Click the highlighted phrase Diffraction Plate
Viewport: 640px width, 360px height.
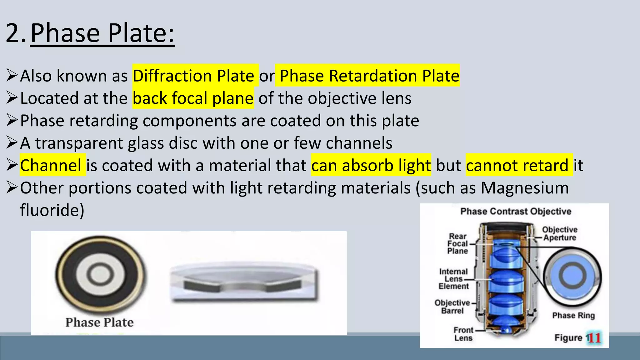point(194,76)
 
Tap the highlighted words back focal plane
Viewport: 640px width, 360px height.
point(193,98)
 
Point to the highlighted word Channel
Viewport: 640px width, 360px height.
point(51,165)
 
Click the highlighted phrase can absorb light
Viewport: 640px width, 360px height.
point(371,165)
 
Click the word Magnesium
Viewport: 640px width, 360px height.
point(525,188)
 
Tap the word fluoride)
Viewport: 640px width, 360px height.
point(52,210)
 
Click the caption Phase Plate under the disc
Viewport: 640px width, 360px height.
point(99,322)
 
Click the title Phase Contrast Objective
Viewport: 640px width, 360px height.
point(516,212)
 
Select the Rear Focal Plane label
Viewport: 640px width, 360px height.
point(457,244)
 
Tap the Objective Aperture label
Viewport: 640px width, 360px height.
point(559,234)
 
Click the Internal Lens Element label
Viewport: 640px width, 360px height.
point(453,279)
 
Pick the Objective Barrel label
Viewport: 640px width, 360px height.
point(452,307)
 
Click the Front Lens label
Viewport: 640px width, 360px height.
point(463,334)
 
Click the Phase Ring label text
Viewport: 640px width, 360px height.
point(573,315)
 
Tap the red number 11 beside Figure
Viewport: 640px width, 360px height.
point(594,338)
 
